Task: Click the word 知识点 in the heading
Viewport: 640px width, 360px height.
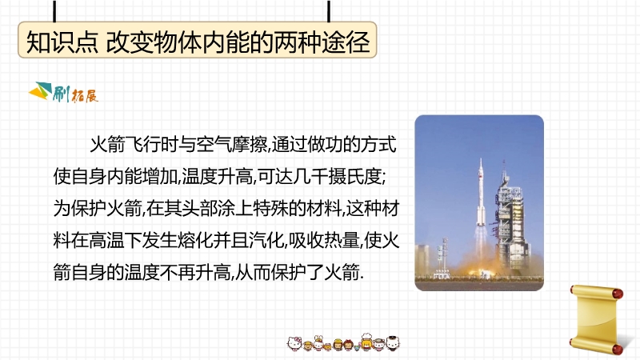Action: tap(62, 42)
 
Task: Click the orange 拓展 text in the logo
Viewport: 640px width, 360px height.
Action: tap(85, 96)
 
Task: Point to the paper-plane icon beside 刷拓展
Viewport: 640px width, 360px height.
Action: tap(40, 91)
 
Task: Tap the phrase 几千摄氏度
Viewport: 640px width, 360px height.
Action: tap(337, 176)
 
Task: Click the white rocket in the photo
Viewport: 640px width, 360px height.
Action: tap(482, 192)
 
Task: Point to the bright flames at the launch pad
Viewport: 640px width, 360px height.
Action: tap(482, 270)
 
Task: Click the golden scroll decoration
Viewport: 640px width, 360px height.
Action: tap(597, 318)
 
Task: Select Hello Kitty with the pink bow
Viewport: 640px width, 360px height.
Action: tap(294, 344)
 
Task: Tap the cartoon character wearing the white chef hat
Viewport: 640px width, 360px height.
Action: tap(366, 342)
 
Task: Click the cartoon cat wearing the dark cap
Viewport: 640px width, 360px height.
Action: tap(392, 343)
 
